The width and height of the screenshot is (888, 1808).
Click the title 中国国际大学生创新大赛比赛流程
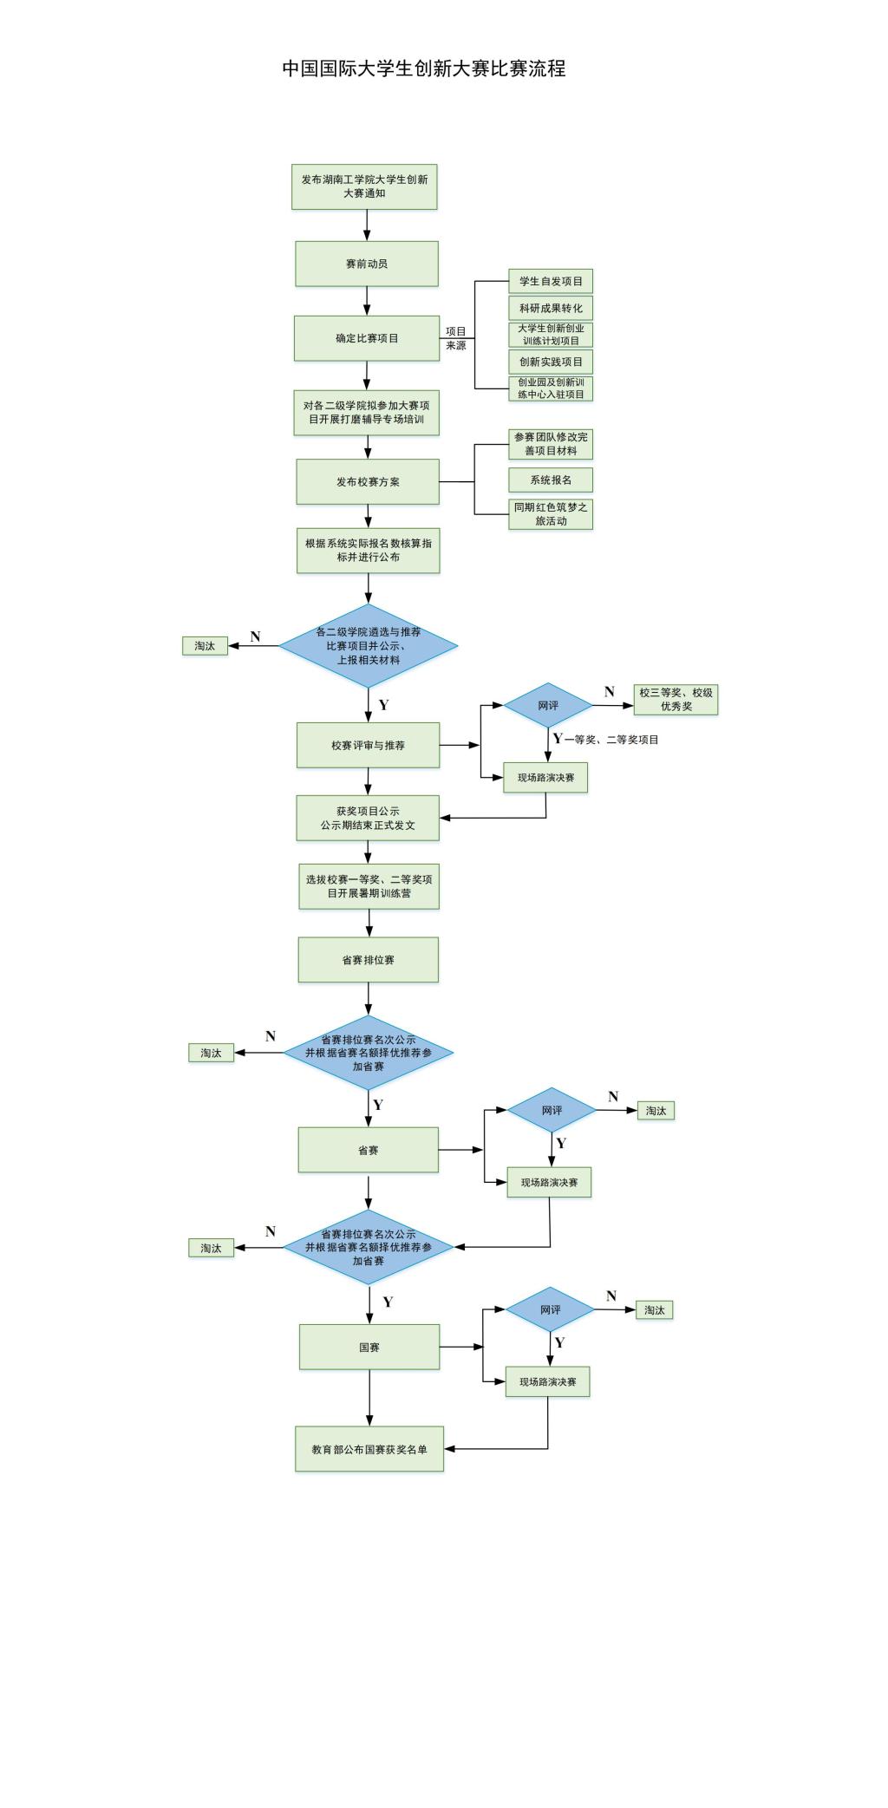pyautogui.click(x=423, y=69)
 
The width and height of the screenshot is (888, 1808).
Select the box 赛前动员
pyautogui.click(x=366, y=264)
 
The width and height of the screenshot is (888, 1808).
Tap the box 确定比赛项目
pyautogui.click(x=367, y=338)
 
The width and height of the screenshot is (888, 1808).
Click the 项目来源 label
pyautogui.click(x=456, y=338)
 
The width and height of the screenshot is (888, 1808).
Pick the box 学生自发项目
pyautogui.click(x=551, y=281)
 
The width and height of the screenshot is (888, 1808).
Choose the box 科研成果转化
pyautogui.click(x=551, y=308)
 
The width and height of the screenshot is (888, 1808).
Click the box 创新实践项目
pyautogui.click(x=551, y=362)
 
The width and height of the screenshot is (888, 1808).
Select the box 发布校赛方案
pyautogui.click(x=368, y=482)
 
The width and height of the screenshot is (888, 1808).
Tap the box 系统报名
pyautogui.click(x=551, y=480)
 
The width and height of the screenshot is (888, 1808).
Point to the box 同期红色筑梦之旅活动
pyautogui.click(x=551, y=514)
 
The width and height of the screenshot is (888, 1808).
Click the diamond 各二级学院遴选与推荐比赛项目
pyautogui.click(x=369, y=646)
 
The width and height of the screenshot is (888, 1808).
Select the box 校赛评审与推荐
pyautogui.click(x=368, y=745)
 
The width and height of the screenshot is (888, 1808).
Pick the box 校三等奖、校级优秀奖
pyautogui.click(x=676, y=699)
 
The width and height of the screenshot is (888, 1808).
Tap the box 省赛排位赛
pyautogui.click(x=368, y=960)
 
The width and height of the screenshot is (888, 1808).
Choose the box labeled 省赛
pyautogui.click(x=368, y=1150)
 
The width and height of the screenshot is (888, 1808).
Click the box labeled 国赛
pyautogui.click(x=369, y=1347)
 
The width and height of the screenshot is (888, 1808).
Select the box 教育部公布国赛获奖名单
pyautogui.click(x=369, y=1449)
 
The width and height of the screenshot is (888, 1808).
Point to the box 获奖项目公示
pyautogui.click(x=368, y=818)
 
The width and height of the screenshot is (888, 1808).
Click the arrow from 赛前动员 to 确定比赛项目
pyautogui.click(x=367, y=301)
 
